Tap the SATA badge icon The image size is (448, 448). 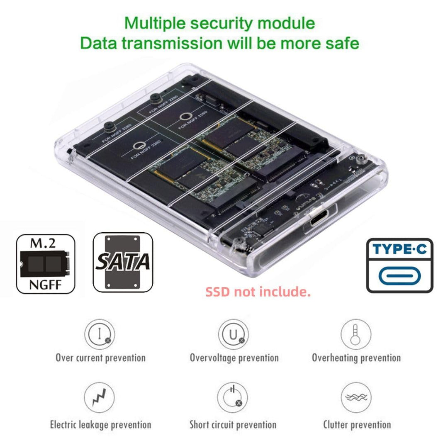pos(122,262)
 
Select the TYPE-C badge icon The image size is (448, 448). pos(399,265)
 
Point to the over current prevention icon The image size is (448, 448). pos(100,334)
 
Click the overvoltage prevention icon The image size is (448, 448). pos(234,334)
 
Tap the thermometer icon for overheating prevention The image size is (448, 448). pos(355,334)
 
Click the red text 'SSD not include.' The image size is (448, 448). pos(258,292)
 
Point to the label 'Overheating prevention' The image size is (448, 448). pos(356,358)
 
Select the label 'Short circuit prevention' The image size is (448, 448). pos(233,424)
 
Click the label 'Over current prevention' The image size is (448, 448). pos(100,358)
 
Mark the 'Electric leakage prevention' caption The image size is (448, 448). pos(100,424)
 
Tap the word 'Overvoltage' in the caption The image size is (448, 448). pos(212,358)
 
